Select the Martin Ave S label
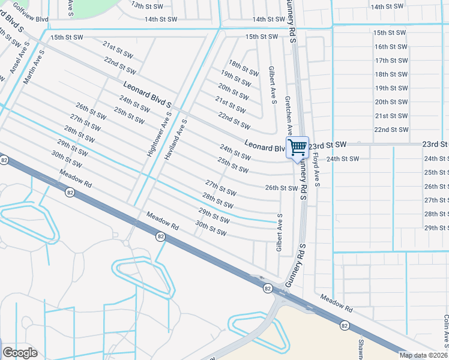(33, 68)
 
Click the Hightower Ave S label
(159, 134)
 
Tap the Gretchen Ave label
(288, 114)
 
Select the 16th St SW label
(391, 46)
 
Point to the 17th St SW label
(391, 61)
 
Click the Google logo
(20, 353)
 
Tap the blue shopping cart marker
(297, 147)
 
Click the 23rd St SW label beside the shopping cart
(329, 145)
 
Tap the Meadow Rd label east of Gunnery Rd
(336, 302)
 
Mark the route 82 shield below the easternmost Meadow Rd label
(344, 325)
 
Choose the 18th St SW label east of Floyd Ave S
(391, 74)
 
